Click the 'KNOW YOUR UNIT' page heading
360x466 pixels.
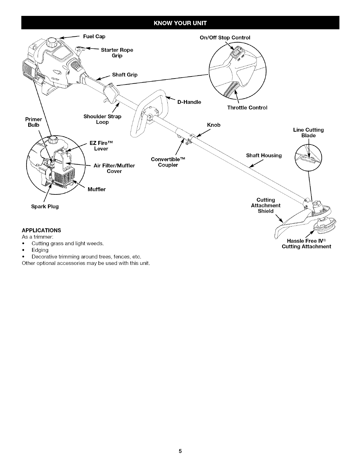180,23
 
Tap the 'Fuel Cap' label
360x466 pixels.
94,36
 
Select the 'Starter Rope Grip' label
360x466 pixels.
117,53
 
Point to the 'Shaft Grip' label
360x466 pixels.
125,75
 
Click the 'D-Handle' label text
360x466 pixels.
189,102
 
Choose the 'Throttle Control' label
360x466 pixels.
247,108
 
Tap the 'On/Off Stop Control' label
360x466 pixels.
225,38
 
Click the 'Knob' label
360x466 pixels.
214,125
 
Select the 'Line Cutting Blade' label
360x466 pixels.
308,133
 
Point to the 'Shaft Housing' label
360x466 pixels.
264,155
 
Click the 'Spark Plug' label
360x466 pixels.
45,207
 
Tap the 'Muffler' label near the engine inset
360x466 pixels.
96,189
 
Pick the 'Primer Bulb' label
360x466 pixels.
34,122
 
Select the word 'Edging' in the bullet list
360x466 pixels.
40,250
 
